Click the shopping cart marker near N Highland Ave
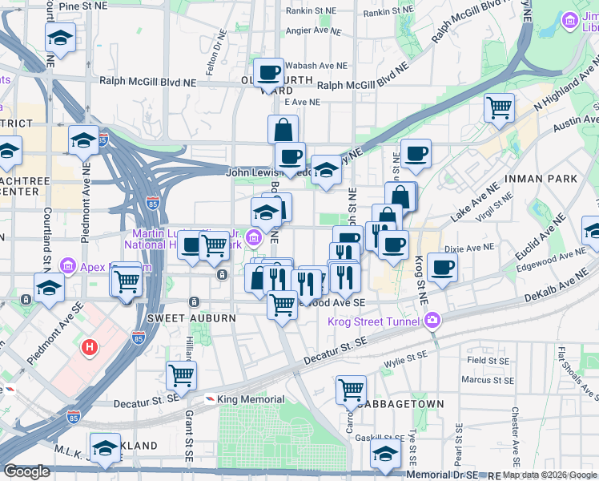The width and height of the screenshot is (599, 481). [x=499, y=106]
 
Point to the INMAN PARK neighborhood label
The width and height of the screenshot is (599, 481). [x=536, y=177]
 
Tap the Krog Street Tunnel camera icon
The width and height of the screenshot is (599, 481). [x=433, y=321]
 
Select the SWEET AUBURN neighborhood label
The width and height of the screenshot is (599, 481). [x=191, y=318]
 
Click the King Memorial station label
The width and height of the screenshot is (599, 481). [x=250, y=399]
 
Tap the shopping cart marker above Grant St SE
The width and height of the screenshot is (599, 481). [x=181, y=374]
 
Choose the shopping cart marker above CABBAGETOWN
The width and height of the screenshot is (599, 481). [x=351, y=389]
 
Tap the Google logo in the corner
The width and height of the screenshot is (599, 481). [x=26, y=471]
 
